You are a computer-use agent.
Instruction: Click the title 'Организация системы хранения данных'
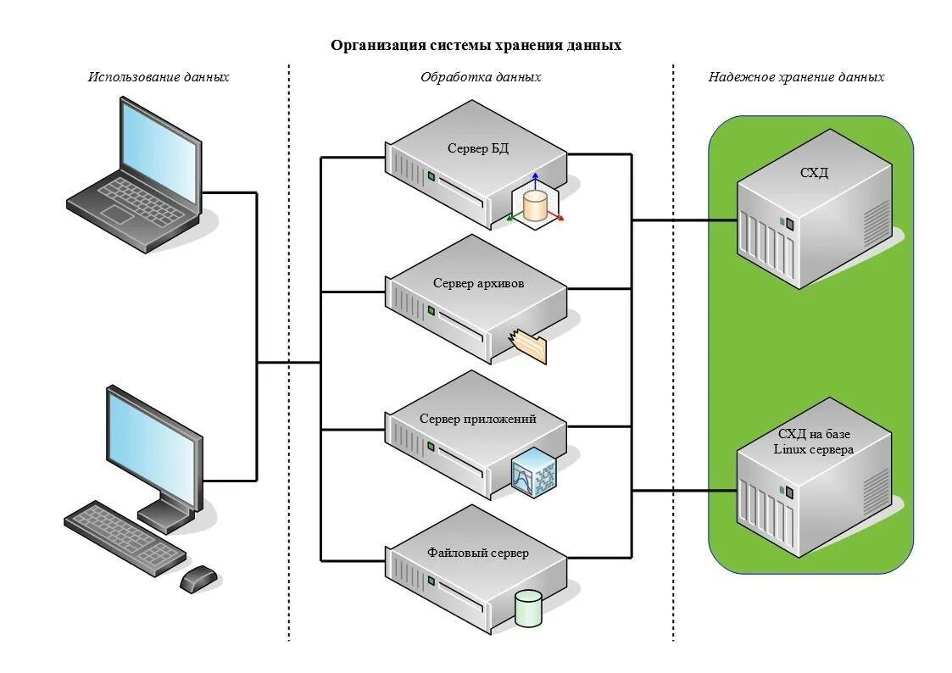[476, 46]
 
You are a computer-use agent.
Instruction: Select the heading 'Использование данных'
[159, 77]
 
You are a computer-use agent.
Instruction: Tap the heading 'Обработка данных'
[481, 77]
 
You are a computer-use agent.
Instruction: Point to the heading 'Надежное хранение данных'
[796, 77]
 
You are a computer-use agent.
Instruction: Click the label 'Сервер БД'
[478, 148]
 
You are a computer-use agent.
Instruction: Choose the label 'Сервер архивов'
[478, 283]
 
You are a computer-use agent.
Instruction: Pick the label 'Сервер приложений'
[478, 419]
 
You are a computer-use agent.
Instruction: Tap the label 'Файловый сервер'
[478, 553]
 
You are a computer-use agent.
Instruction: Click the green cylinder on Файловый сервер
[528, 608]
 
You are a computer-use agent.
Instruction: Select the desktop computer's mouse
[198, 579]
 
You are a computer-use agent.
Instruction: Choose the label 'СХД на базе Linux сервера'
[814, 442]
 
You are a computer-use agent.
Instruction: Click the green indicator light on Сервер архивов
[431, 311]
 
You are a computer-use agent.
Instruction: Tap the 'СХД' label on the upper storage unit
[814, 173]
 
